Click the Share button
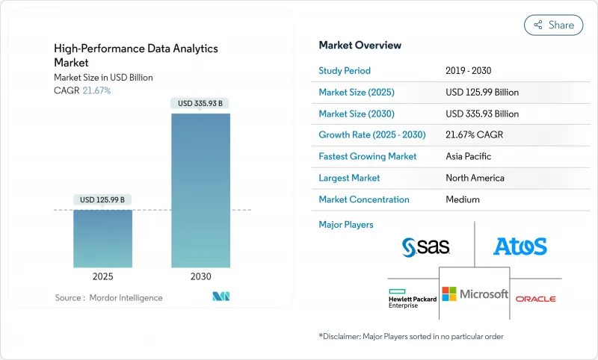(x=554, y=25)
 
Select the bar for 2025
(x=102, y=238)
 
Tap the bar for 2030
(x=200, y=190)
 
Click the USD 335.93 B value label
(x=200, y=103)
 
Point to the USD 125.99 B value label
(x=102, y=199)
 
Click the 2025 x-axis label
(x=102, y=276)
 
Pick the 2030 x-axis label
(x=200, y=276)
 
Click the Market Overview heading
(x=360, y=46)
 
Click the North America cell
(x=475, y=178)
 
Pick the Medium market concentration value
(x=462, y=199)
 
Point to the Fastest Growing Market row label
(x=368, y=157)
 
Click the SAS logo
(x=425, y=246)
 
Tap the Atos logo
(x=520, y=246)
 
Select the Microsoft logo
(x=475, y=294)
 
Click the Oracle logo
(x=535, y=298)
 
